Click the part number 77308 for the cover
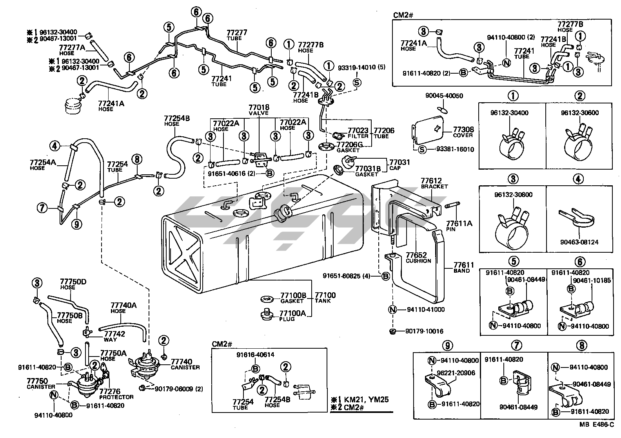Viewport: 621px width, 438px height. pyautogui.click(x=463, y=129)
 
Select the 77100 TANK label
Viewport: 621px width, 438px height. pyautogui.click(x=325, y=297)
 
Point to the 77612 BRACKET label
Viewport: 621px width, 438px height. pyautogui.click(x=434, y=183)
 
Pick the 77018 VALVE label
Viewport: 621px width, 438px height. pyautogui.click(x=258, y=110)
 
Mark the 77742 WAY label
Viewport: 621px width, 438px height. pyautogui.click(x=114, y=337)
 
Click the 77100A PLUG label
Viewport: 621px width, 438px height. pyautogui.click(x=292, y=315)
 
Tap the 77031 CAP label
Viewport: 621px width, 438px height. pyautogui.click(x=399, y=165)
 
